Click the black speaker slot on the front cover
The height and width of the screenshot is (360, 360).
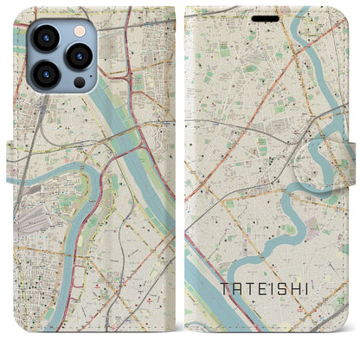coord(267,17)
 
